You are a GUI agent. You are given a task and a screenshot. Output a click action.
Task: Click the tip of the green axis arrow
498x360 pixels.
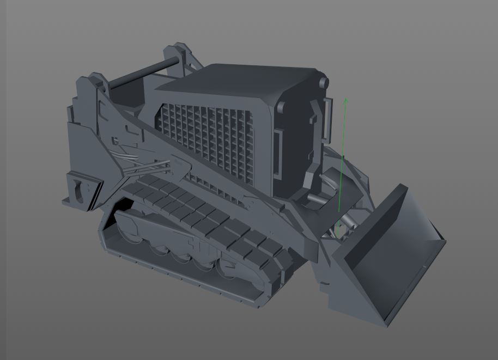(x=345, y=99)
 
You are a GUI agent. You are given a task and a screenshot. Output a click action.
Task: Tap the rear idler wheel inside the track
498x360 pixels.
(x=128, y=224)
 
